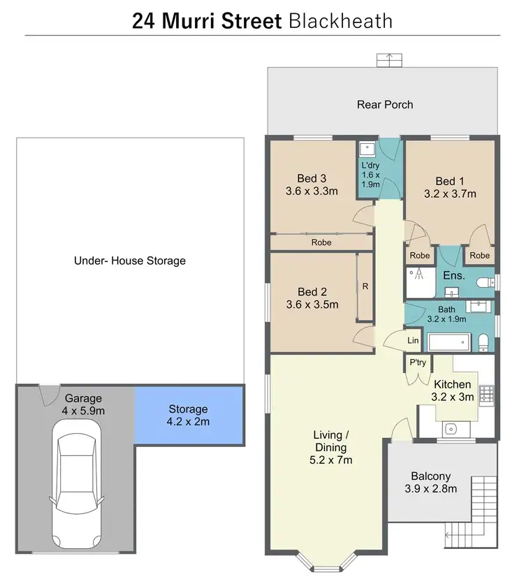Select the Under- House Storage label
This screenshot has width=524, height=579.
point(130,261)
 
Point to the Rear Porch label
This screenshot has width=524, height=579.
point(385,105)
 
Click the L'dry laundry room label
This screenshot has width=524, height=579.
point(369,165)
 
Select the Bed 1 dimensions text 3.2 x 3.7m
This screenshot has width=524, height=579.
point(450,193)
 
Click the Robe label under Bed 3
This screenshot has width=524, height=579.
point(321,242)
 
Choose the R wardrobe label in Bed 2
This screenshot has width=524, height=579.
point(365,286)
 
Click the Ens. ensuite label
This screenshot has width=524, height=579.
point(454,276)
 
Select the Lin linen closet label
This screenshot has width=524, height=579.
point(413,339)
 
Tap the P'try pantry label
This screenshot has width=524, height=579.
point(418,362)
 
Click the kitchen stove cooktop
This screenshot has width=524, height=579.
point(486,395)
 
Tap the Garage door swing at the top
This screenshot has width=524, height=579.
point(49,395)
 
